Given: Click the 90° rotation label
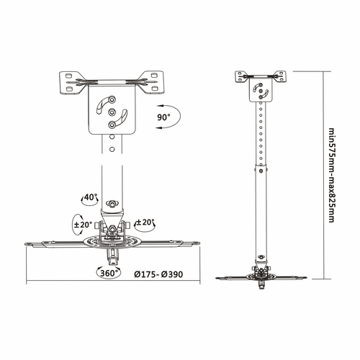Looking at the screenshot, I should (164, 116).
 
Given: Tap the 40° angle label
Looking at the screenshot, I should (90, 197).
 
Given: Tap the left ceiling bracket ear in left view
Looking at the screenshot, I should (71, 81).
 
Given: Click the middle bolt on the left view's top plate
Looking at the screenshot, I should (112, 112).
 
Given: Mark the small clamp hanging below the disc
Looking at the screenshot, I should (113, 256).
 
